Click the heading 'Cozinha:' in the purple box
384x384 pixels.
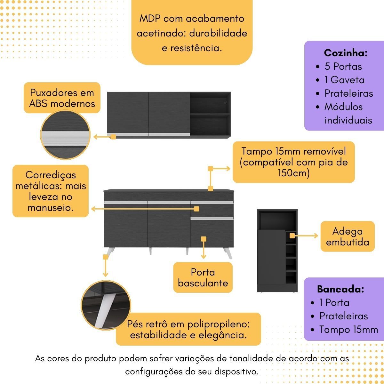point(346,53)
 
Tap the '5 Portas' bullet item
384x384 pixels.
point(343,67)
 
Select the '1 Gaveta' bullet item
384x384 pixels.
point(344,80)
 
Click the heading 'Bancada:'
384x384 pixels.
point(340,289)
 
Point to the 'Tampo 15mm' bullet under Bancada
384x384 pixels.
point(348,329)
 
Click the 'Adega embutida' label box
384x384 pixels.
point(348,236)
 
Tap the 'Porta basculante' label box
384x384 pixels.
point(203,277)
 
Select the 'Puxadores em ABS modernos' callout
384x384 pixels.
point(62,98)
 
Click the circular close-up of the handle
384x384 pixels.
point(65,135)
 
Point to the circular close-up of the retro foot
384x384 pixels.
point(106,306)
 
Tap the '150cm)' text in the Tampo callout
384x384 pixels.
point(294,173)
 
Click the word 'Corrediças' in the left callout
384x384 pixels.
point(51,175)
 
